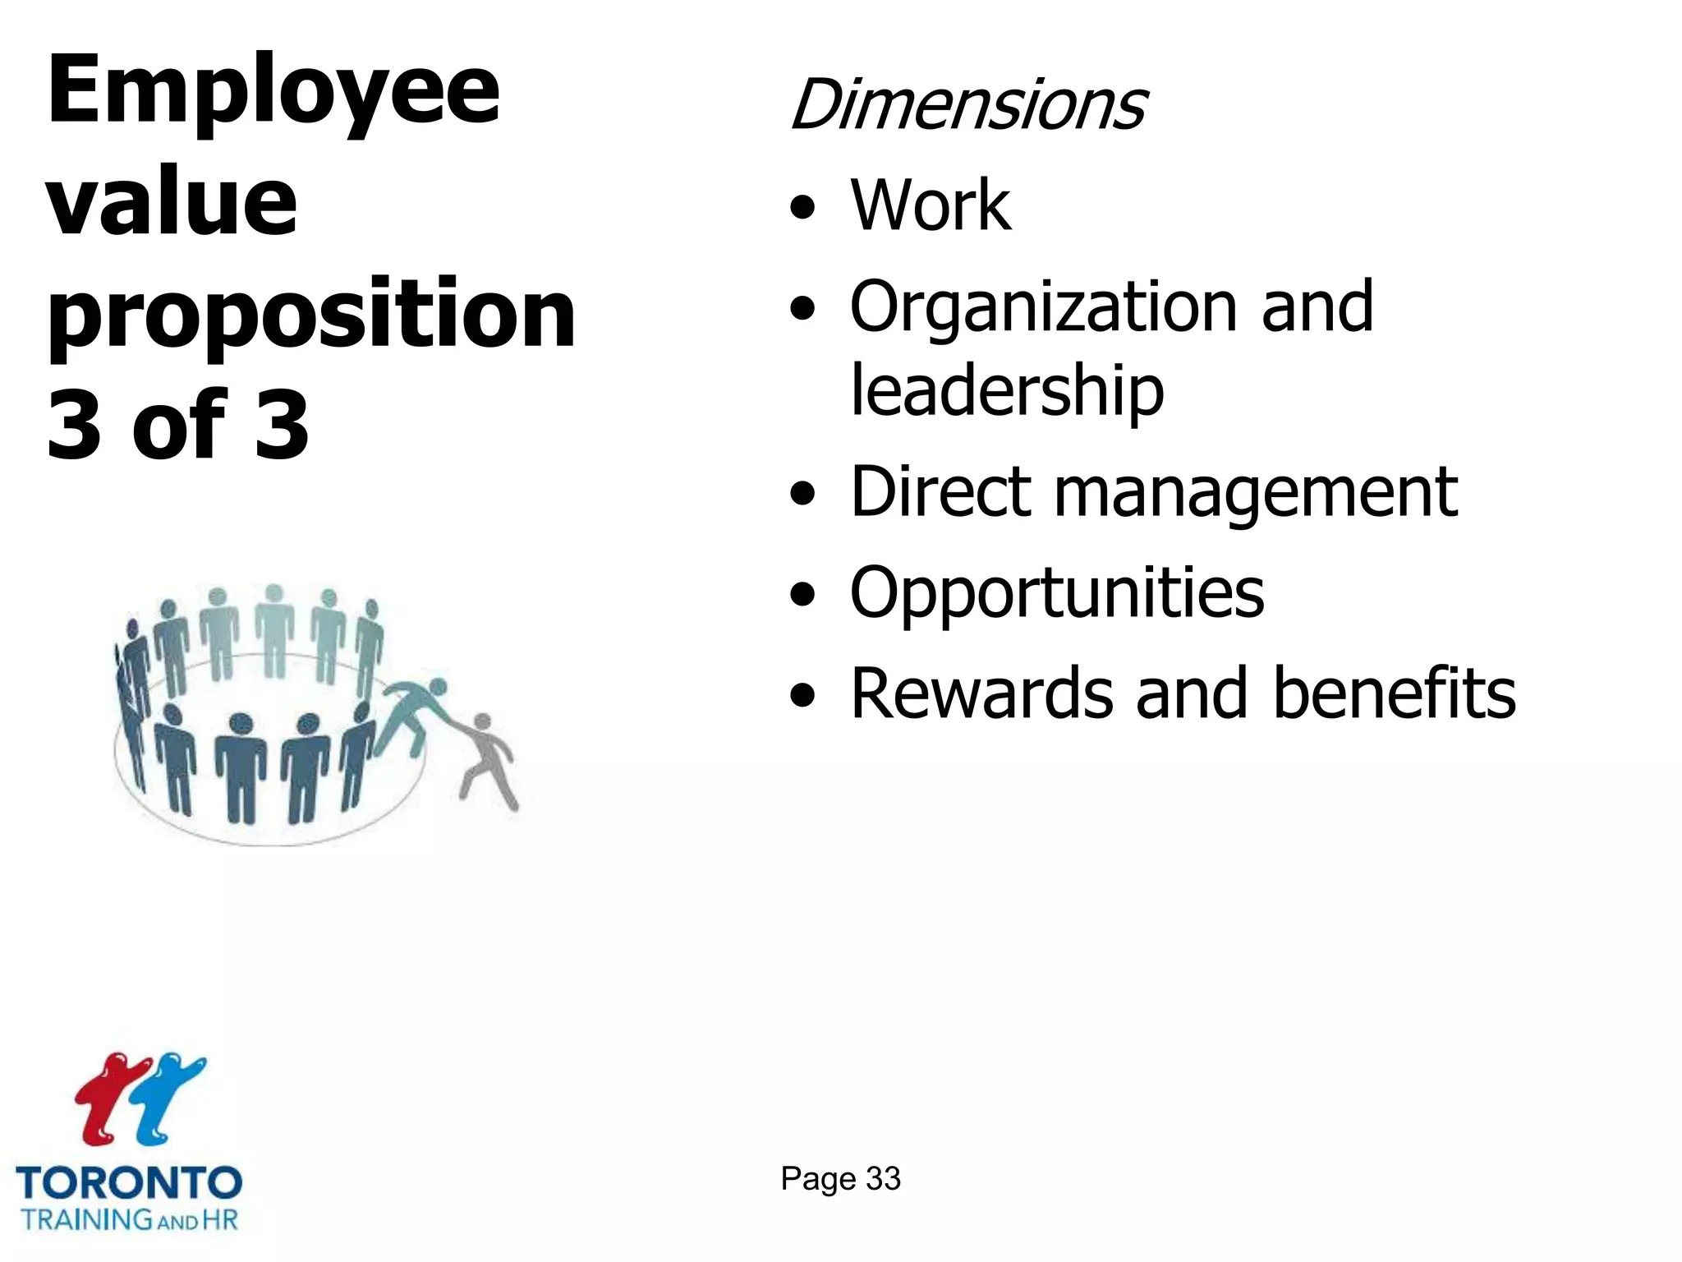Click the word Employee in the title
273,92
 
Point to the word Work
931,205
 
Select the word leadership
1007,391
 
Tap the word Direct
940,492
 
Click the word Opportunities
1057,594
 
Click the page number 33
883,1179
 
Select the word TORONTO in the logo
129,1184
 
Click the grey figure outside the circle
488,760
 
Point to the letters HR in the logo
219,1219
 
